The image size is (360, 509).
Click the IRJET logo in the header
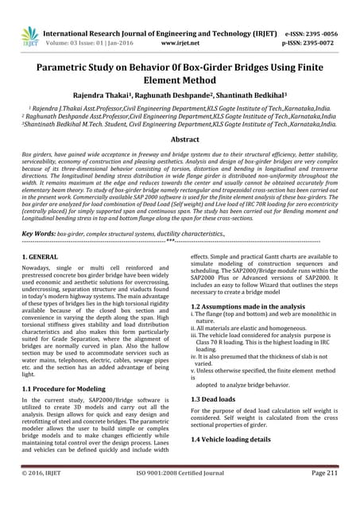[x=30, y=36]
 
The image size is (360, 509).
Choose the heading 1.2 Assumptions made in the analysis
[x=247, y=305]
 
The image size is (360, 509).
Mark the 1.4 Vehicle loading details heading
[x=236, y=438]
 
